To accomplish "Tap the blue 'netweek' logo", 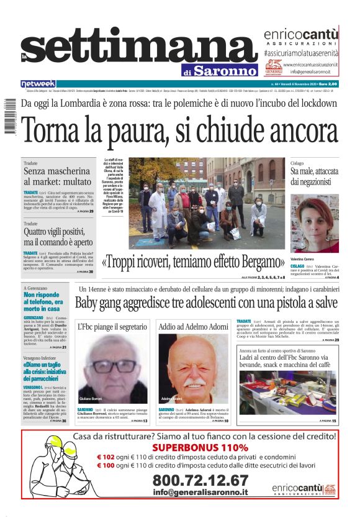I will [38, 84].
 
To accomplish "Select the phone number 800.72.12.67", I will [200, 480].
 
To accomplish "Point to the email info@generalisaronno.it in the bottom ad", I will [200, 493].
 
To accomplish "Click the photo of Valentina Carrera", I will [315, 224].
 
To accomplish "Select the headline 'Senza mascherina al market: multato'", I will [57, 176].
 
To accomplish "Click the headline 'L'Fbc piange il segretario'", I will [112, 326].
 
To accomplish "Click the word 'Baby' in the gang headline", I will [88, 304].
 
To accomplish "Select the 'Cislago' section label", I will [298, 162].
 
